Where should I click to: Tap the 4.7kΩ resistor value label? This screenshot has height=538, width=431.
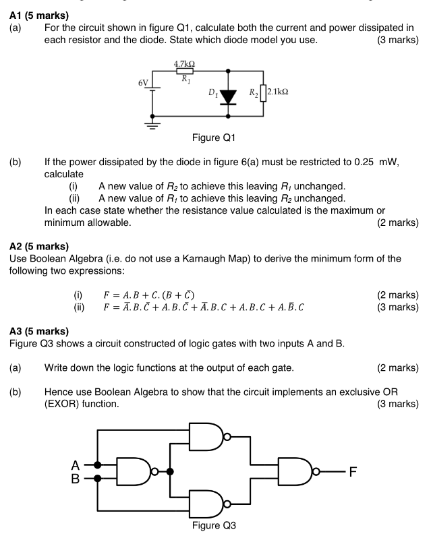(185, 63)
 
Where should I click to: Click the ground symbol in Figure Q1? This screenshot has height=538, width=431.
(154, 125)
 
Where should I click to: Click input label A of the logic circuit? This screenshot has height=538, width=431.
(76, 465)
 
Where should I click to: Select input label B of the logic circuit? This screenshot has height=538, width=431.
(76, 479)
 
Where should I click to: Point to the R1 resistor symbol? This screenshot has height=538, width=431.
(185, 70)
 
